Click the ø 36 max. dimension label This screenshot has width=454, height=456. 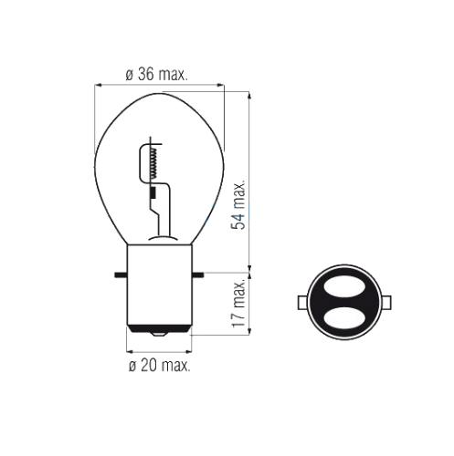coord(156,77)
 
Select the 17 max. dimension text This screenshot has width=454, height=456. coord(238,309)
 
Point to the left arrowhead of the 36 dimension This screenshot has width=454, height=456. coord(100,88)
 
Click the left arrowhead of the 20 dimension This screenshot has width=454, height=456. coord(129,353)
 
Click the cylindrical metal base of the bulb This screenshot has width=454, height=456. coord(159,292)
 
